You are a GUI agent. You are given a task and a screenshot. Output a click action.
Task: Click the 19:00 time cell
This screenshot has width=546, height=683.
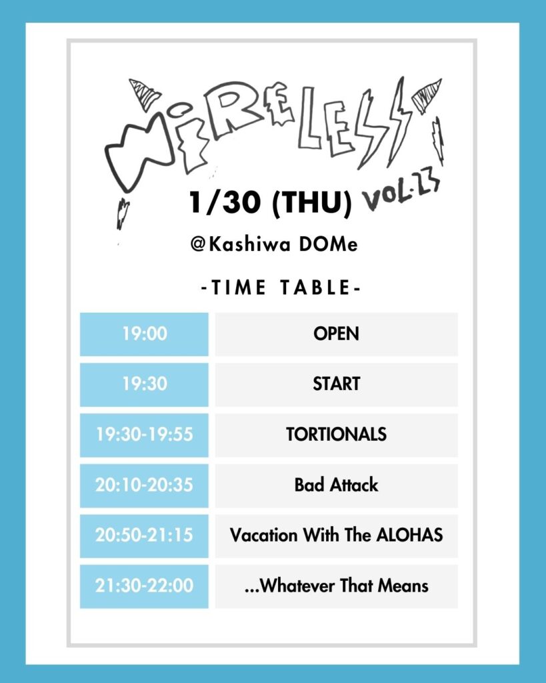coord(144,334)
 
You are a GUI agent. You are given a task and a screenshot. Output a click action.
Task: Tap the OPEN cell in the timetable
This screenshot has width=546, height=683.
coord(336,334)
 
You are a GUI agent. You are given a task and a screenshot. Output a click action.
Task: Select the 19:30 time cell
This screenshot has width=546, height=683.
coord(144,384)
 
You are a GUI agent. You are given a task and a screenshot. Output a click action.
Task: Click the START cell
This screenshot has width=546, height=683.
coord(336,384)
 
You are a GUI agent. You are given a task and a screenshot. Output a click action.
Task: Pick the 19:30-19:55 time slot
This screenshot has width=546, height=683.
coord(144,435)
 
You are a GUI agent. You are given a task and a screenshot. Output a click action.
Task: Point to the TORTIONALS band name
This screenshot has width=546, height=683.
coord(336,434)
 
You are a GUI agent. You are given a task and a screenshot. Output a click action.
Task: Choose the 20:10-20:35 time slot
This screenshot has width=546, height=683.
coord(144,486)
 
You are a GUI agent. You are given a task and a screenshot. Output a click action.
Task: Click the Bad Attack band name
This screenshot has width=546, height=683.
coord(336,485)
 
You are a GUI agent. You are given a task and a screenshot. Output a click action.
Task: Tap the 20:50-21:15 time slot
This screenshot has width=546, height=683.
coord(144,536)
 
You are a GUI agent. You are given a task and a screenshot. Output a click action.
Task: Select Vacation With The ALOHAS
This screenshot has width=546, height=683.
coord(336,535)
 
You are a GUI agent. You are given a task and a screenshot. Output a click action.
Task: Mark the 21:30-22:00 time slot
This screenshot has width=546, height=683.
coord(144,586)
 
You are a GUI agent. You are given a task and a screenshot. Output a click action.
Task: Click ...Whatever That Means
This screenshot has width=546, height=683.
coord(336,586)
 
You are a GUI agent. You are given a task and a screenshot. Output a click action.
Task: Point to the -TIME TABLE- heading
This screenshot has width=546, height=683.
coord(281,287)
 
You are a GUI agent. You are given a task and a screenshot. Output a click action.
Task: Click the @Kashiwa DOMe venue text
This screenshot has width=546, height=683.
coord(274,243)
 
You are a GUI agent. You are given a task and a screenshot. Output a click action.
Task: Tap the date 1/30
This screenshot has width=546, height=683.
coord(225,203)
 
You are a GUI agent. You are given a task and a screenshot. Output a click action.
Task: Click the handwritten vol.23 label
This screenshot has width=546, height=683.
coord(401,194)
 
